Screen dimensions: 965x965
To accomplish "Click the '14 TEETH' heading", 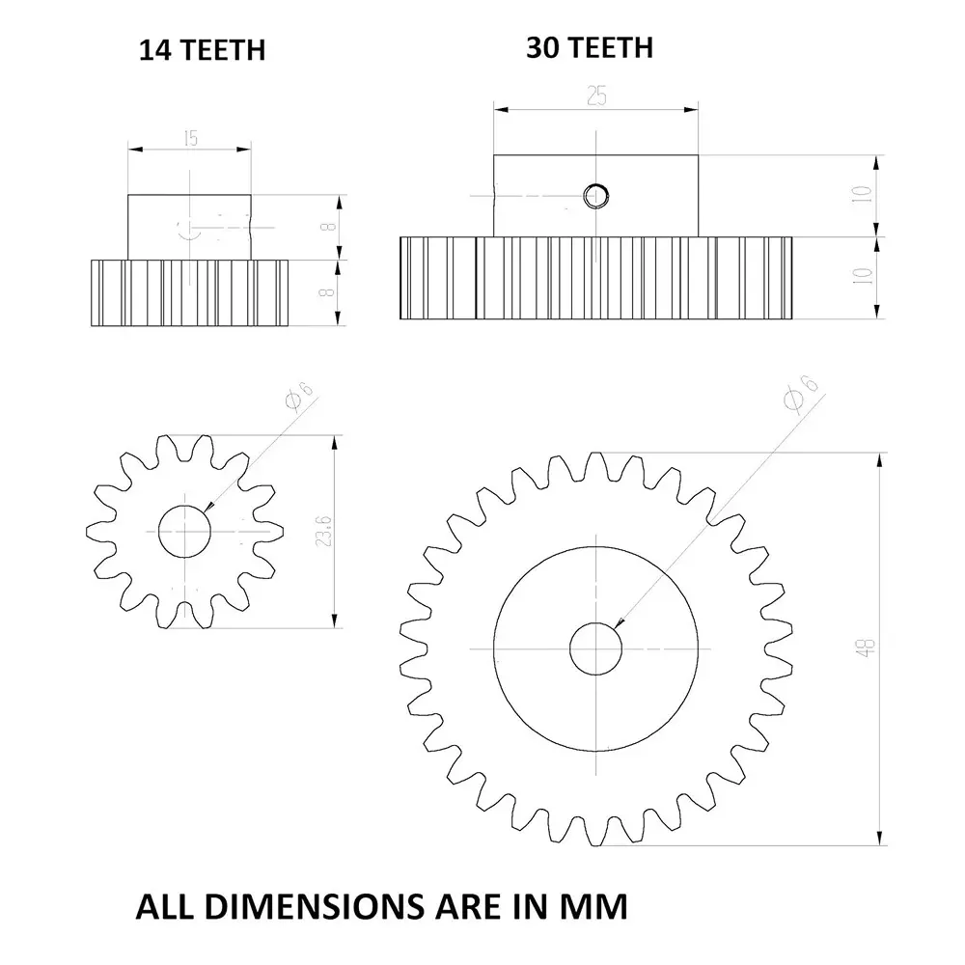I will (201, 50).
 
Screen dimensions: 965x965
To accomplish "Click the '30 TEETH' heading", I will (589, 47).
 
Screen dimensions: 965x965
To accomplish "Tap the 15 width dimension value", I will (190, 138).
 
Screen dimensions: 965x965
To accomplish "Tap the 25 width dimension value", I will (596, 97).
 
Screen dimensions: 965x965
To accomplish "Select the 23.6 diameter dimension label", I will (324, 530).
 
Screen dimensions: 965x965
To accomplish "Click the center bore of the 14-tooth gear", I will (185, 530).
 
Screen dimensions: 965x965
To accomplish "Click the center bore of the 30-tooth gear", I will (596, 648).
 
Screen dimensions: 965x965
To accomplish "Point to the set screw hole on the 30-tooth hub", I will (595, 197).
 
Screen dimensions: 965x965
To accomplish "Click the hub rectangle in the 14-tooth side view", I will (190, 226).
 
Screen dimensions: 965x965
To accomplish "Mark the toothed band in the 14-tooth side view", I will (190, 293).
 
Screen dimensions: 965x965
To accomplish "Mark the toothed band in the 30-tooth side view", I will (596, 278).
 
